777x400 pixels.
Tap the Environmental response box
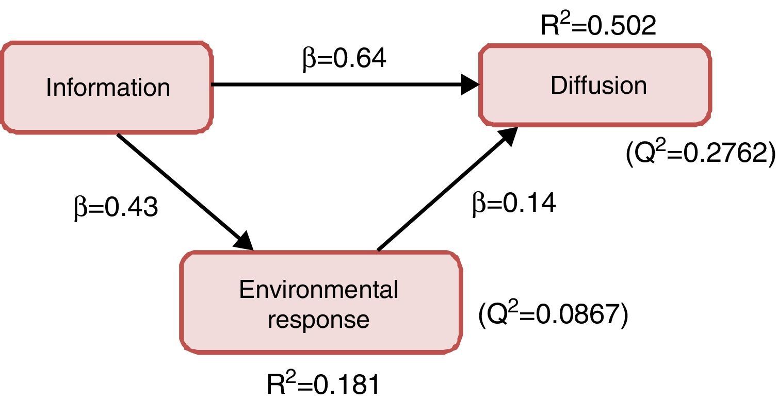pyautogui.click(x=320, y=303)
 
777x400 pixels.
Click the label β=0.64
pyautogui.click(x=344, y=59)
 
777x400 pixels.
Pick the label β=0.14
pyautogui.click(x=514, y=204)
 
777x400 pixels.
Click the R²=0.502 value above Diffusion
pyautogui.click(x=598, y=24)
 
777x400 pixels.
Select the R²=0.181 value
pyautogui.click(x=323, y=386)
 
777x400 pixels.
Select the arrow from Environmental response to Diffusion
pyautogui.click(x=444, y=191)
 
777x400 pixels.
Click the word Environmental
pyautogui.click(x=319, y=290)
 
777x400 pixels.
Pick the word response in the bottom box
pyautogui.click(x=319, y=319)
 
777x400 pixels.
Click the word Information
pyautogui.click(x=108, y=88)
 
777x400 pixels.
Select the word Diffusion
pyautogui.click(x=598, y=85)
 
